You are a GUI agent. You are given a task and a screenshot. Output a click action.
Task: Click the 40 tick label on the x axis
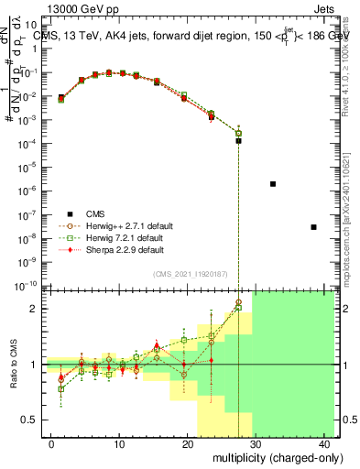click(325, 443)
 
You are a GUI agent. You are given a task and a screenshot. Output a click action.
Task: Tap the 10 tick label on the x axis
click(119, 443)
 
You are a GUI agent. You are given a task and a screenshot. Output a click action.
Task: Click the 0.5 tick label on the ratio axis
click(30, 420)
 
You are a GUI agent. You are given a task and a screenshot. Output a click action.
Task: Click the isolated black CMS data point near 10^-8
click(314, 227)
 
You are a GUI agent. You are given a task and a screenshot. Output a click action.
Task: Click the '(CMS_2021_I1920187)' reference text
click(191, 273)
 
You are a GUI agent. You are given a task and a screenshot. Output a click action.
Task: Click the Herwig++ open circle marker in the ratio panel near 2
click(239, 302)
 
